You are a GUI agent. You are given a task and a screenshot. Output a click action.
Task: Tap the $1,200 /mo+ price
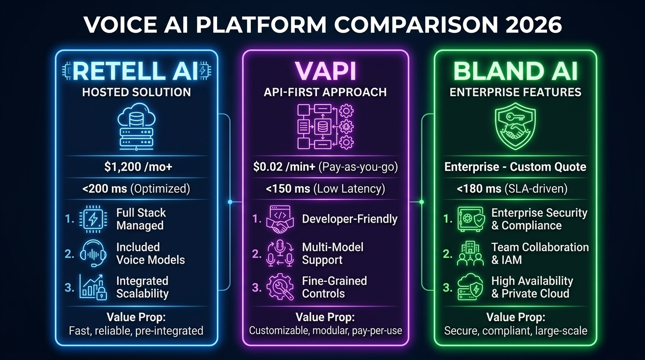click(x=136, y=167)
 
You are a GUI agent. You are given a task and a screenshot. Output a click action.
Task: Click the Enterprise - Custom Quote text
click(x=515, y=167)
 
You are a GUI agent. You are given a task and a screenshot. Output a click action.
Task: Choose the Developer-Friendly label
click(x=350, y=219)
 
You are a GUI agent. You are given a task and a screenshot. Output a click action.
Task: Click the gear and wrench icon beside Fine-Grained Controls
click(x=280, y=287)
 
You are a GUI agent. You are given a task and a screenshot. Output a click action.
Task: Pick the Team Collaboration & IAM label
click(x=540, y=253)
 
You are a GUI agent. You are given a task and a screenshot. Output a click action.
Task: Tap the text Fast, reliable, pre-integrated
click(x=136, y=330)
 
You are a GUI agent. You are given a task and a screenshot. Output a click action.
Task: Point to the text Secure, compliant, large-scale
click(x=515, y=330)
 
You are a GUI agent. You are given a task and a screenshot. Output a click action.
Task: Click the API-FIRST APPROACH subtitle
click(x=325, y=92)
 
